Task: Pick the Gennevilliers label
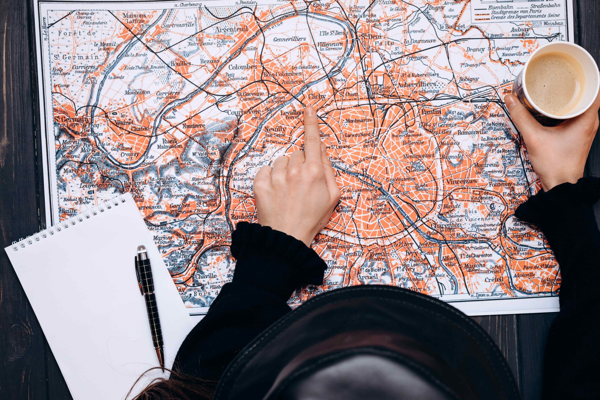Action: tap(289, 39)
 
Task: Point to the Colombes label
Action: tap(242, 67)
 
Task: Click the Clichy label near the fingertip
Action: tap(317, 96)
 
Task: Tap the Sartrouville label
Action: tap(179, 25)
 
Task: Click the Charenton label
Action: tap(446, 225)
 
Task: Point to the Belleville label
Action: tap(413, 143)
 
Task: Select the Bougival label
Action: tap(135, 183)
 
